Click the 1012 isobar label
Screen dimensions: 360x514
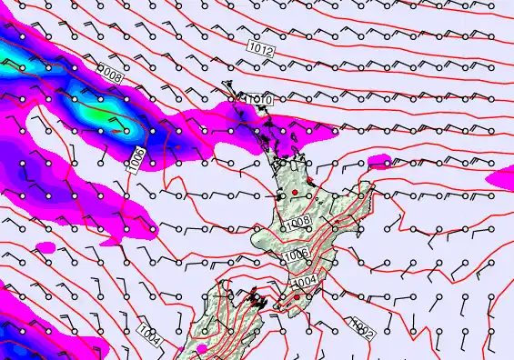(259, 45)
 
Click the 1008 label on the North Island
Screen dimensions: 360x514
(297, 222)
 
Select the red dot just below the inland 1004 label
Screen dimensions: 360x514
(297, 296)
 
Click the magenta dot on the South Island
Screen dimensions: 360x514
(201, 348)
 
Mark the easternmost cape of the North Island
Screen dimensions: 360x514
(373, 185)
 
